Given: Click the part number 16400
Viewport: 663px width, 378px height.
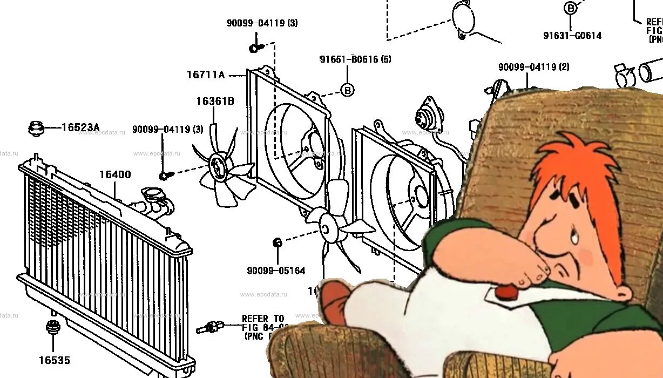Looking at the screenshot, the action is (x=114, y=175).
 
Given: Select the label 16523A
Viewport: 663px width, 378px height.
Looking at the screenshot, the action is (x=80, y=128).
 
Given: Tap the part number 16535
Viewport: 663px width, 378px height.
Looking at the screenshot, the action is (x=54, y=360).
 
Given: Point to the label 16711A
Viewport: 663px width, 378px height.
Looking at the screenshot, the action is (x=206, y=75).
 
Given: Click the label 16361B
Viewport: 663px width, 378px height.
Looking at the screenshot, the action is (x=215, y=101).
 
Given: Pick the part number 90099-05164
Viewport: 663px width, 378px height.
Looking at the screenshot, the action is (x=276, y=270).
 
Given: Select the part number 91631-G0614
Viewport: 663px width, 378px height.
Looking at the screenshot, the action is (x=572, y=36).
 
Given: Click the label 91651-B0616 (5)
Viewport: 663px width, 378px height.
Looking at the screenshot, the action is (x=355, y=59).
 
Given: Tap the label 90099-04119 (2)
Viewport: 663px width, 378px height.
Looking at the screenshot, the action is (x=533, y=67).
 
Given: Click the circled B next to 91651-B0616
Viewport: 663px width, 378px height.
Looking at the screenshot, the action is (x=348, y=90).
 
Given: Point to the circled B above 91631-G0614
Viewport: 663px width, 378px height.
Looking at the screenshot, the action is (x=570, y=8).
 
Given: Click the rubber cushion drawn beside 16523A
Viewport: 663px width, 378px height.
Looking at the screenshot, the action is (x=36, y=129).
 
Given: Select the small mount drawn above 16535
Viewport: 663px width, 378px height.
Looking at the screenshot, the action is (x=52, y=327).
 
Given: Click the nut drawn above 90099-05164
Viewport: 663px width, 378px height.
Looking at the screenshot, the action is (x=277, y=242).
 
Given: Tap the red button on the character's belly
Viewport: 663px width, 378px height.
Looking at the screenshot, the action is (x=506, y=292).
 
